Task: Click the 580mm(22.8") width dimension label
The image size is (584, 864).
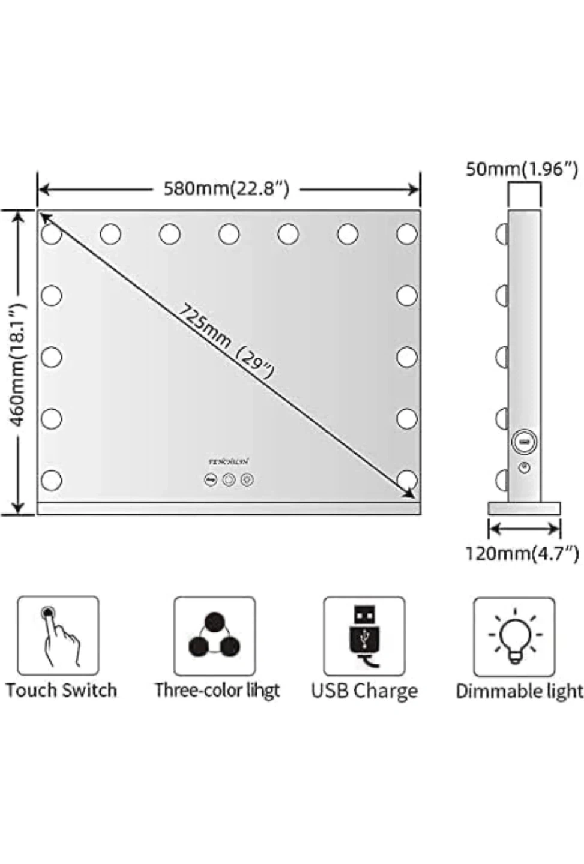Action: click(x=226, y=189)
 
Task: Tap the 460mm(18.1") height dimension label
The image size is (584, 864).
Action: click(x=19, y=364)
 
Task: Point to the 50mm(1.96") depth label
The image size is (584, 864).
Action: click(x=522, y=169)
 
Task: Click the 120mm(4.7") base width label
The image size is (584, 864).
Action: click(x=522, y=553)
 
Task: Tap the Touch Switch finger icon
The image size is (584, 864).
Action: click(x=58, y=636)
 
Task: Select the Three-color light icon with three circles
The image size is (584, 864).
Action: click(x=214, y=636)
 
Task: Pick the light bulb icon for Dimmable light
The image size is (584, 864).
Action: click(x=514, y=636)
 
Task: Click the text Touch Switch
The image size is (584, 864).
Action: click(x=61, y=690)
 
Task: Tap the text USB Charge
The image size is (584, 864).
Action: click(x=364, y=691)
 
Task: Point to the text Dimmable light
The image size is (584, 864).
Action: click(x=519, y=691)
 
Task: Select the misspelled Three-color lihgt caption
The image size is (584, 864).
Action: click(x=217, y=690)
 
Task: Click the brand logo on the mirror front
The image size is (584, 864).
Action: click(x=228, y=461)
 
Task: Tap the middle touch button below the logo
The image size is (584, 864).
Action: click(x=229, y=480)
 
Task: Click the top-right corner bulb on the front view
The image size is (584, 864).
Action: click(x=407, y=233)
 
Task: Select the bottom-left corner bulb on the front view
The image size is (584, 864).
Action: click(x=52, y=480)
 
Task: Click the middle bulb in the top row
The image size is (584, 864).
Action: click(x=229, y=233)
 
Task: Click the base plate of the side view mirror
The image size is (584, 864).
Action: click(x=523, y=509)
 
